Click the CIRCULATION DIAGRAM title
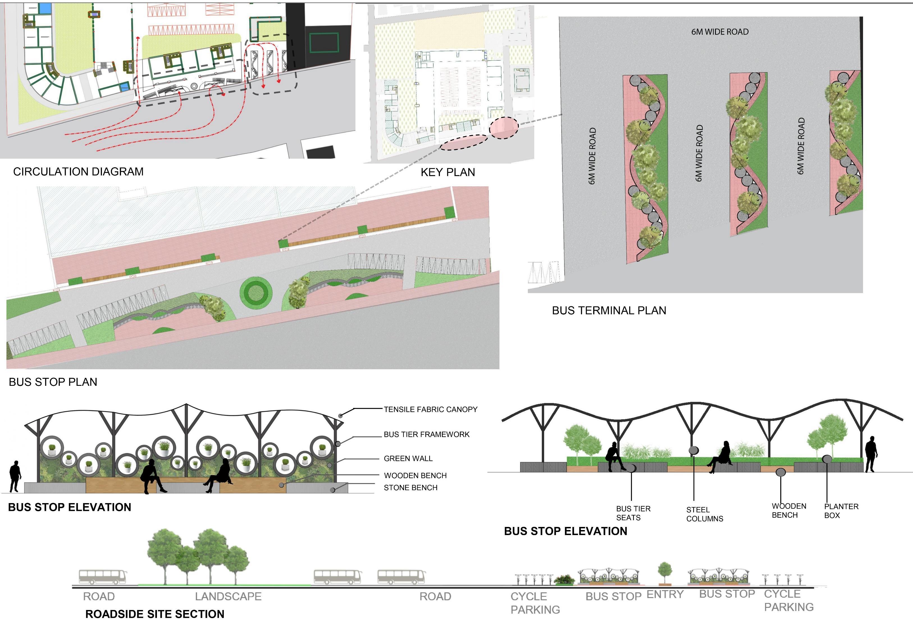78,172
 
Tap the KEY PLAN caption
448,172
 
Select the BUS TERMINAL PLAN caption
609,311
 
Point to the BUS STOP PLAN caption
53,382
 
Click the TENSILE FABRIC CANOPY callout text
430,409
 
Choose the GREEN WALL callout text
408,458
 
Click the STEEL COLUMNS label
704,514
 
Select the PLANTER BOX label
841,511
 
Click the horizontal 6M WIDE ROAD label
720,32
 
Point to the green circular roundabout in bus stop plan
256,293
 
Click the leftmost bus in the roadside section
103,577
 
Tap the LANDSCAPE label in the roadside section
228,596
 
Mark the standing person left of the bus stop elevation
15,476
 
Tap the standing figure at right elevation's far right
871,454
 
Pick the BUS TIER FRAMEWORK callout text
426,434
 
